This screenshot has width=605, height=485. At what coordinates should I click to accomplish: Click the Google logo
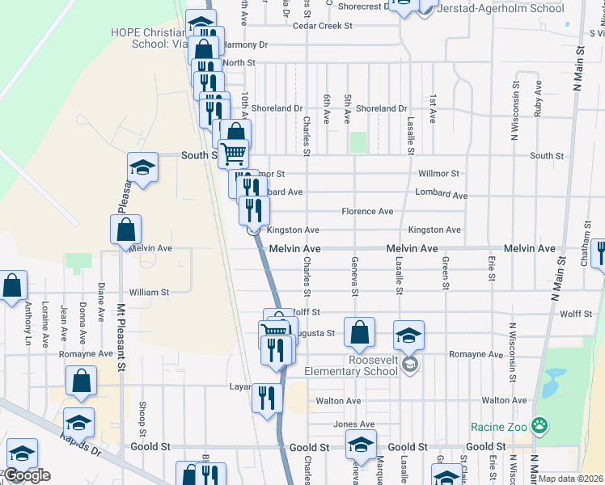point(27,475)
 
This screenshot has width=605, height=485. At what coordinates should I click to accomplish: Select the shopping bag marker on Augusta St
point(359,331)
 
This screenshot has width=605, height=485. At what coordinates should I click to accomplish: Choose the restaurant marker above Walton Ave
point(264,397)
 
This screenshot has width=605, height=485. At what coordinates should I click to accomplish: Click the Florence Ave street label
point(367,212)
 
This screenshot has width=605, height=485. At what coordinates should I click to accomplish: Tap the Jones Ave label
point(354,424)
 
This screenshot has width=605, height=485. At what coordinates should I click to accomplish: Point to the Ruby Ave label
point(538,99)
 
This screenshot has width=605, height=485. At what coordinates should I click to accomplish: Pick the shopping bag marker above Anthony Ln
point(12,285)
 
